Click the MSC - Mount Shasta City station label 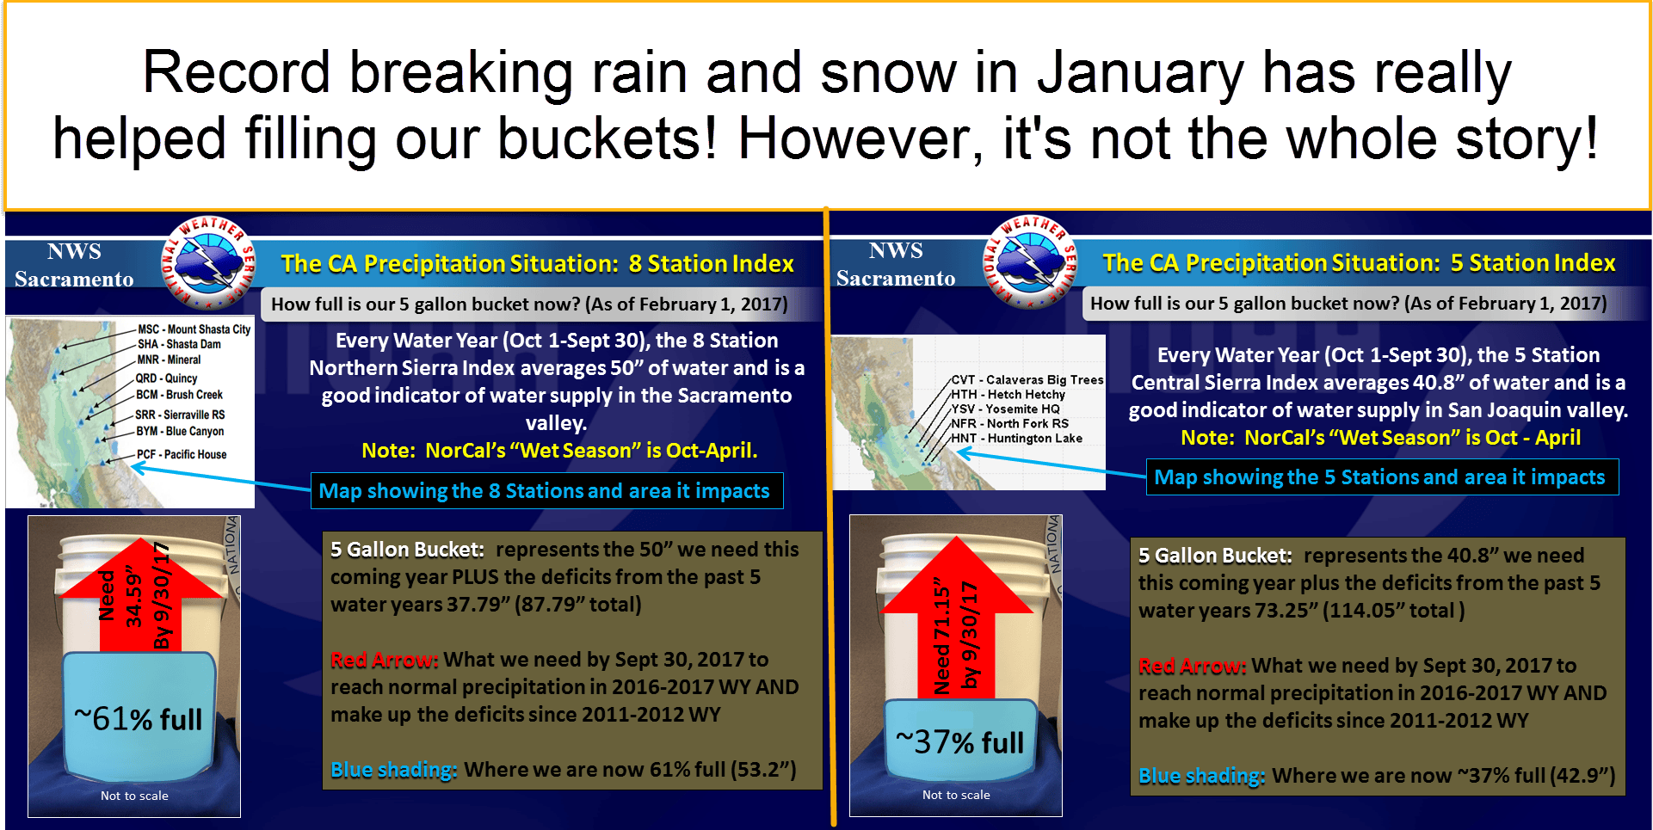pyautogui.click(x=194, y=329)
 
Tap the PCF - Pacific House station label pyautogui.click(x=182, y=454)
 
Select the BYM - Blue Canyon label pyautogui.click(x=180, y=431)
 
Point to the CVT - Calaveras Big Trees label pyautogui.click(x=1027, y=379)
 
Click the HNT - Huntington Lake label pyautogui.click(x=1016, y=438)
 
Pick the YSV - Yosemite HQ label pyautogui.click(x=1005, y=409)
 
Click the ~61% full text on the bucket pyautogui.click(x=139, y=718)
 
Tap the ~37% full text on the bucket pyautogui.click(x=960, y=741)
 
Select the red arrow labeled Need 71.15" pyautogui.click(x=957, y=615)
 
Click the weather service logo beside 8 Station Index pyautogui.click(x=209, y=262)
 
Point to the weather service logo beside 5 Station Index pyautogui.click(x=1031, y=261)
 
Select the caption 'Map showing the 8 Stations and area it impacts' pyautogui.click(x=545, y=490)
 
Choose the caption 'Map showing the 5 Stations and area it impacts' pyautogui.click(x=1380, y=476)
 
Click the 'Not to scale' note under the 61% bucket pyautogui.click(x=134, y=796)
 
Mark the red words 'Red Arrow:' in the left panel pyautogui.click(x=385, y=660)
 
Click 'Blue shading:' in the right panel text pyautogui.click(x=1202, y=776)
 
